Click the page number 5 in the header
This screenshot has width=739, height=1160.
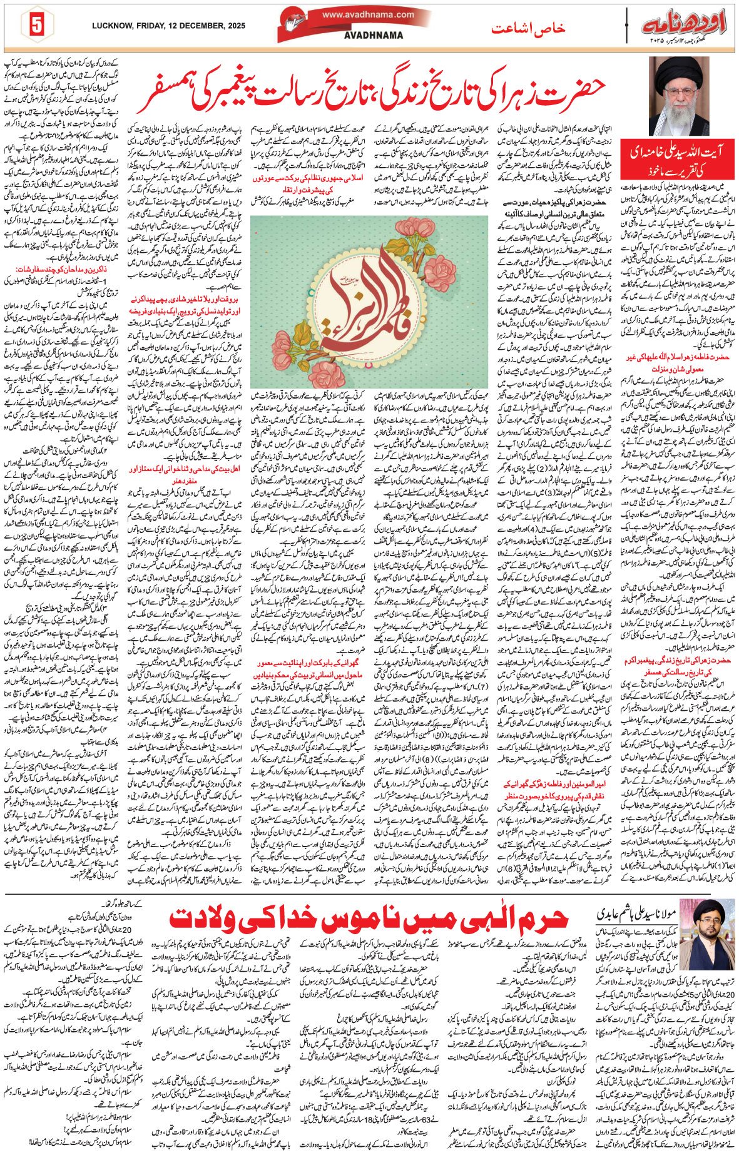point(36,26)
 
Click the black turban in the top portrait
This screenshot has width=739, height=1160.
point(678,70)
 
